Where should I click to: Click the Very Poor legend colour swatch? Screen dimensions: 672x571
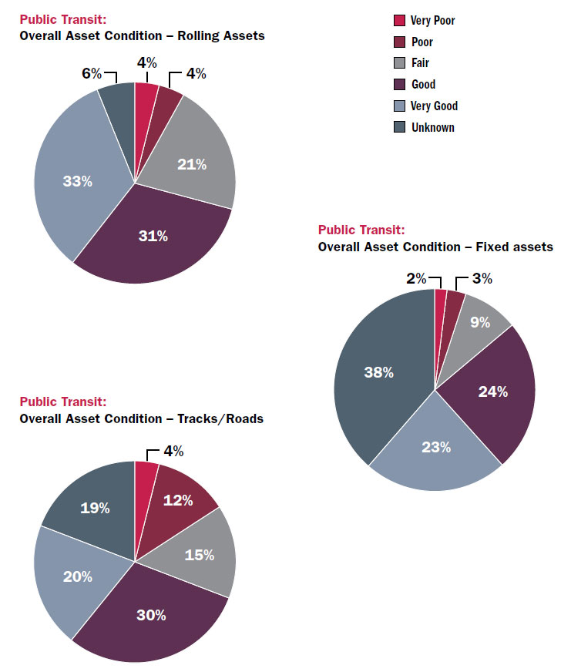tap(399, 21)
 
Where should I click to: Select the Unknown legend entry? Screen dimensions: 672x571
tap(432, 127)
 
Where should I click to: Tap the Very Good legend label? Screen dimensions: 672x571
tap(434, 106)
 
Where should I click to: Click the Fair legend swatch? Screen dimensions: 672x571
tap(399, 63)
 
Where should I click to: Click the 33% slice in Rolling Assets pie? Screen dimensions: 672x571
tap(77, 182)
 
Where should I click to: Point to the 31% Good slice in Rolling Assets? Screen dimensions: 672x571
tap(153, 236)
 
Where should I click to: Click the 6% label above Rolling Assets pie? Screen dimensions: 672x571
tap(92, 73)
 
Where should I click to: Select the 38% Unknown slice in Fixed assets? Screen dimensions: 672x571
tap(378, 372)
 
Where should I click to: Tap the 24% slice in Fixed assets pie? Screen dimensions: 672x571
tap(492, 391)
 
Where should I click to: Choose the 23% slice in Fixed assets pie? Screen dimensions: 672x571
tap(436, 447)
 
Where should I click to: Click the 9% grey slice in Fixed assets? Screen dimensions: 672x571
tap(480, 322)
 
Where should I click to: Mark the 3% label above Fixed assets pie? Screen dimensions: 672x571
tap(482, 277)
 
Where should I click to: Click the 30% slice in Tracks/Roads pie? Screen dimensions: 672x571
tap(152, 614)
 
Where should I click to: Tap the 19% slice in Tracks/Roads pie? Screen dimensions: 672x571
tap(96, 509)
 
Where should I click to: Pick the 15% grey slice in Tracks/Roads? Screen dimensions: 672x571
tap(199, 555)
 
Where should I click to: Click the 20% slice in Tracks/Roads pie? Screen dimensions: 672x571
tap(77, 576)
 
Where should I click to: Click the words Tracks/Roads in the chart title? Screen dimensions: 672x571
tap(220, 418)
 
